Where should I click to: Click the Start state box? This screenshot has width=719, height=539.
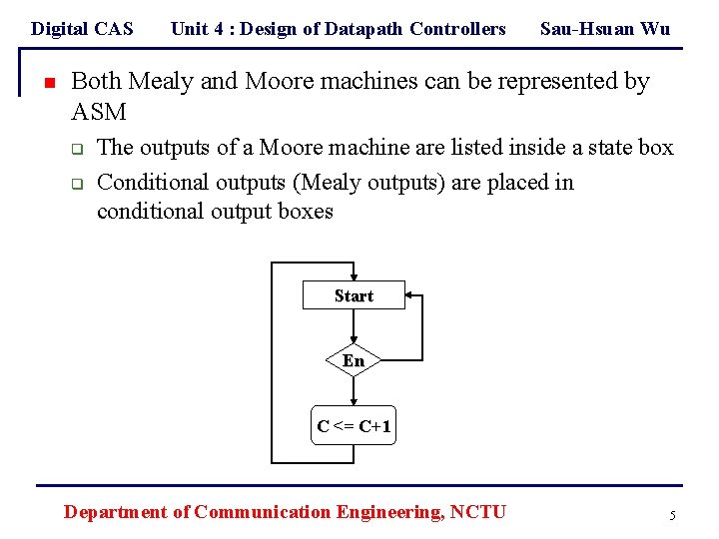click(354, 295)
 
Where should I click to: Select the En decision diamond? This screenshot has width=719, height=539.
click(354, 360)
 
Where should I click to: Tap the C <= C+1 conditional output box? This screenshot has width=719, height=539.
click(355, 426)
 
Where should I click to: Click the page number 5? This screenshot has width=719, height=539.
click(673, 515)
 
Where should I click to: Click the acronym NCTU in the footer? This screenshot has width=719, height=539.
click(478, 512)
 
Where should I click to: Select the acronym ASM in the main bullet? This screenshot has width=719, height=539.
click(99, 110)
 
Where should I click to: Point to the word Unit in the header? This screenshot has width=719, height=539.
click(190, 29)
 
